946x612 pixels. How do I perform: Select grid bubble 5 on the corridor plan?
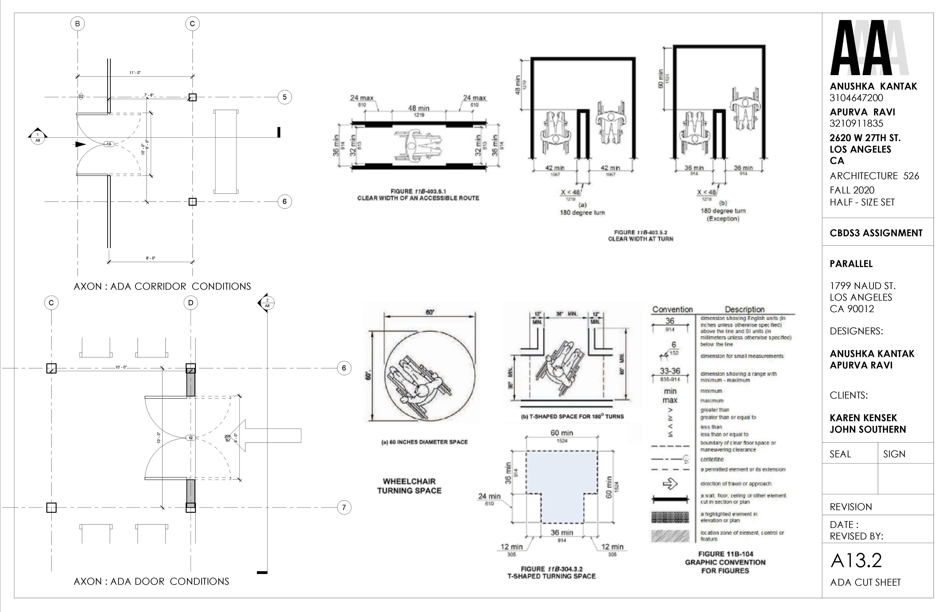285,97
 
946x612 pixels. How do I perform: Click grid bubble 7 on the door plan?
344,508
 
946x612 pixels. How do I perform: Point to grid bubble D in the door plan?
191,303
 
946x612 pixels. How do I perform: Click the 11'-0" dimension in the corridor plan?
135,73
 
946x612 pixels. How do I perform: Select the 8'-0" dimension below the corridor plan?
151,258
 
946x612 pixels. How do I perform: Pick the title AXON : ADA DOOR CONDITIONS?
152,581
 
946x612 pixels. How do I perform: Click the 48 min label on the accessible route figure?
419,108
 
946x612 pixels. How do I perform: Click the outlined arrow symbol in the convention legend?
670,484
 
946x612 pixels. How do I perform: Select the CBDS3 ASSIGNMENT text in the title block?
876,233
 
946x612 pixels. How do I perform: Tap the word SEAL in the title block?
840,454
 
